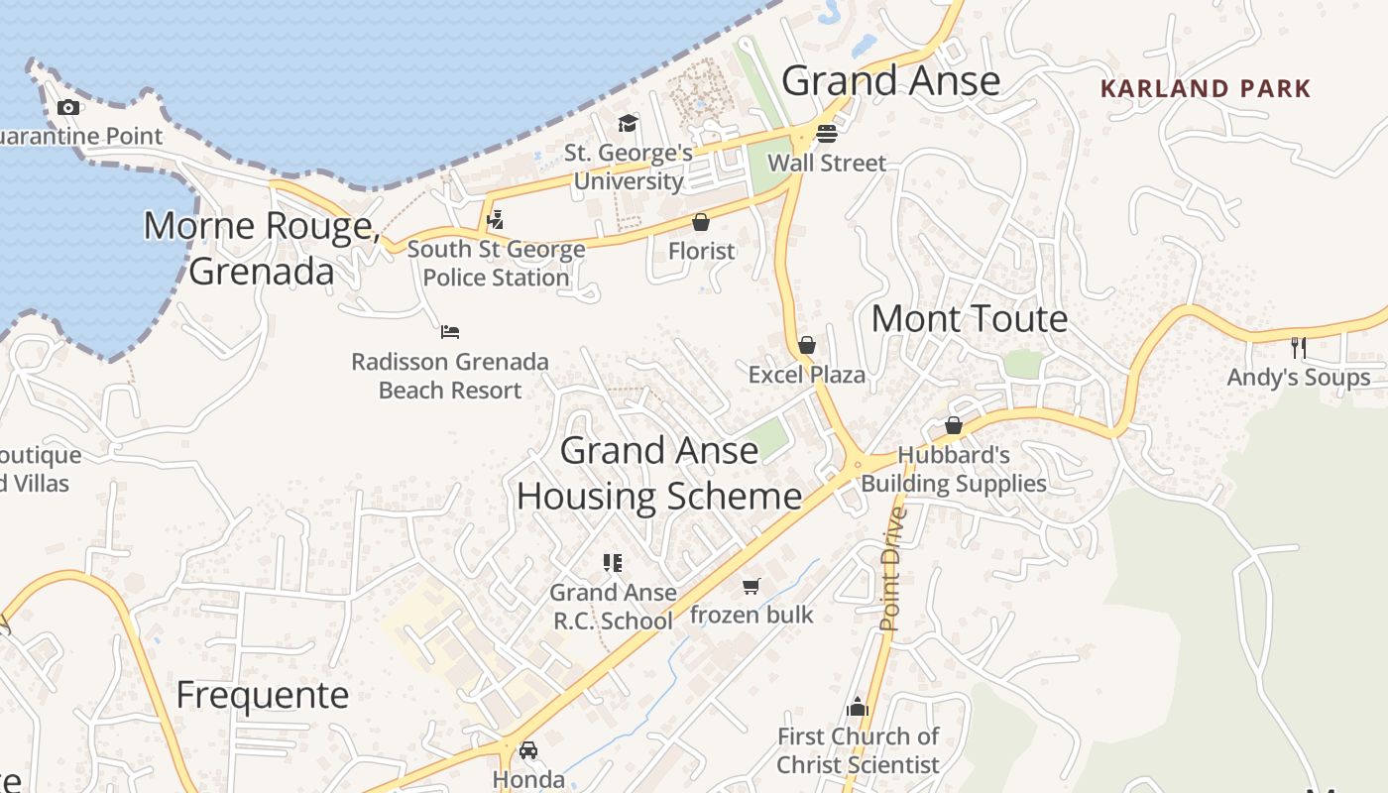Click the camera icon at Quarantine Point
[68, 107]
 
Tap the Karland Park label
[1206, 88]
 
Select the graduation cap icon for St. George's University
[628, 123]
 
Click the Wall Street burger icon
[827, 133]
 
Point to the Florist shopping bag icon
[701, 222]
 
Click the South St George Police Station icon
[495, 219]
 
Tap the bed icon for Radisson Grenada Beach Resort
[450, 331]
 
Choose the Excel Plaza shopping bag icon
[807, 345]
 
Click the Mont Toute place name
[969, 319]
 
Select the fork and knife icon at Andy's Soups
[1299, 347]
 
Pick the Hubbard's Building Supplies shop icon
[953, 425]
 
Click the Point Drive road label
[891, 569]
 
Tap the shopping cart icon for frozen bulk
[752, 586]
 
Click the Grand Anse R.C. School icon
[613, 563]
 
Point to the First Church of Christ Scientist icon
[858, 707]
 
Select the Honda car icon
[528, 750]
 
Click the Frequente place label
[262, 696]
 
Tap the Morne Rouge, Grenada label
[262, 248]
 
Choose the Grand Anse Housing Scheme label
[659, 473]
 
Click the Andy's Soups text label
[1299, 378]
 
